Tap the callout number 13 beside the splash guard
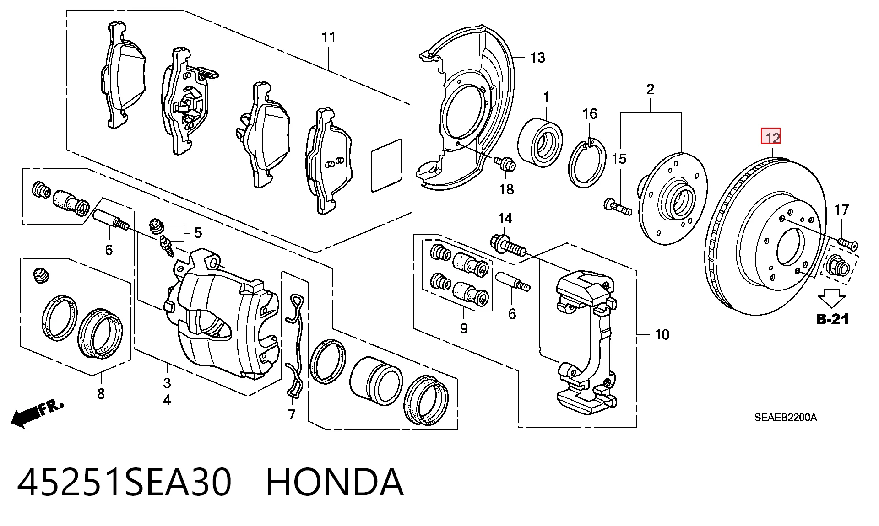click(537, 58)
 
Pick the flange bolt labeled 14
click(508, 245)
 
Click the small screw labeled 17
click(848, 243)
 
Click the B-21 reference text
click(832, 319)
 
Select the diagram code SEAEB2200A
click(786, 417)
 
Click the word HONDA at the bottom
click(335, 482)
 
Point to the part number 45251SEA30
click(124, 482)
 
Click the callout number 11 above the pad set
click(329, 37)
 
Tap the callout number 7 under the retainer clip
click(292, 414)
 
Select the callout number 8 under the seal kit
click(101, 393)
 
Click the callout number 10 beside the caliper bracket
click(662, 334)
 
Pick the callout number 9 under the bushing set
click(464, 328)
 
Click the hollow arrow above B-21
click(832, 298)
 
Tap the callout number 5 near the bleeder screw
click(198, 233)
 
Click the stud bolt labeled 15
click(618, 207)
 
